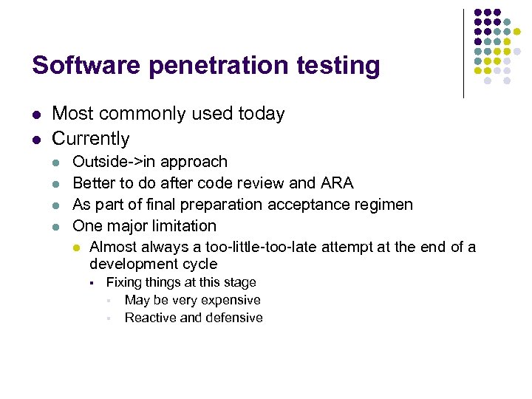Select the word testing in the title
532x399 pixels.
point(338,66)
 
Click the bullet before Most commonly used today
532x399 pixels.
point(35,115)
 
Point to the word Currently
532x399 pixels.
point(91,139)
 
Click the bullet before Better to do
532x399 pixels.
point(58,183)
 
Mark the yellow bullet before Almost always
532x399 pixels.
point(75,248)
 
